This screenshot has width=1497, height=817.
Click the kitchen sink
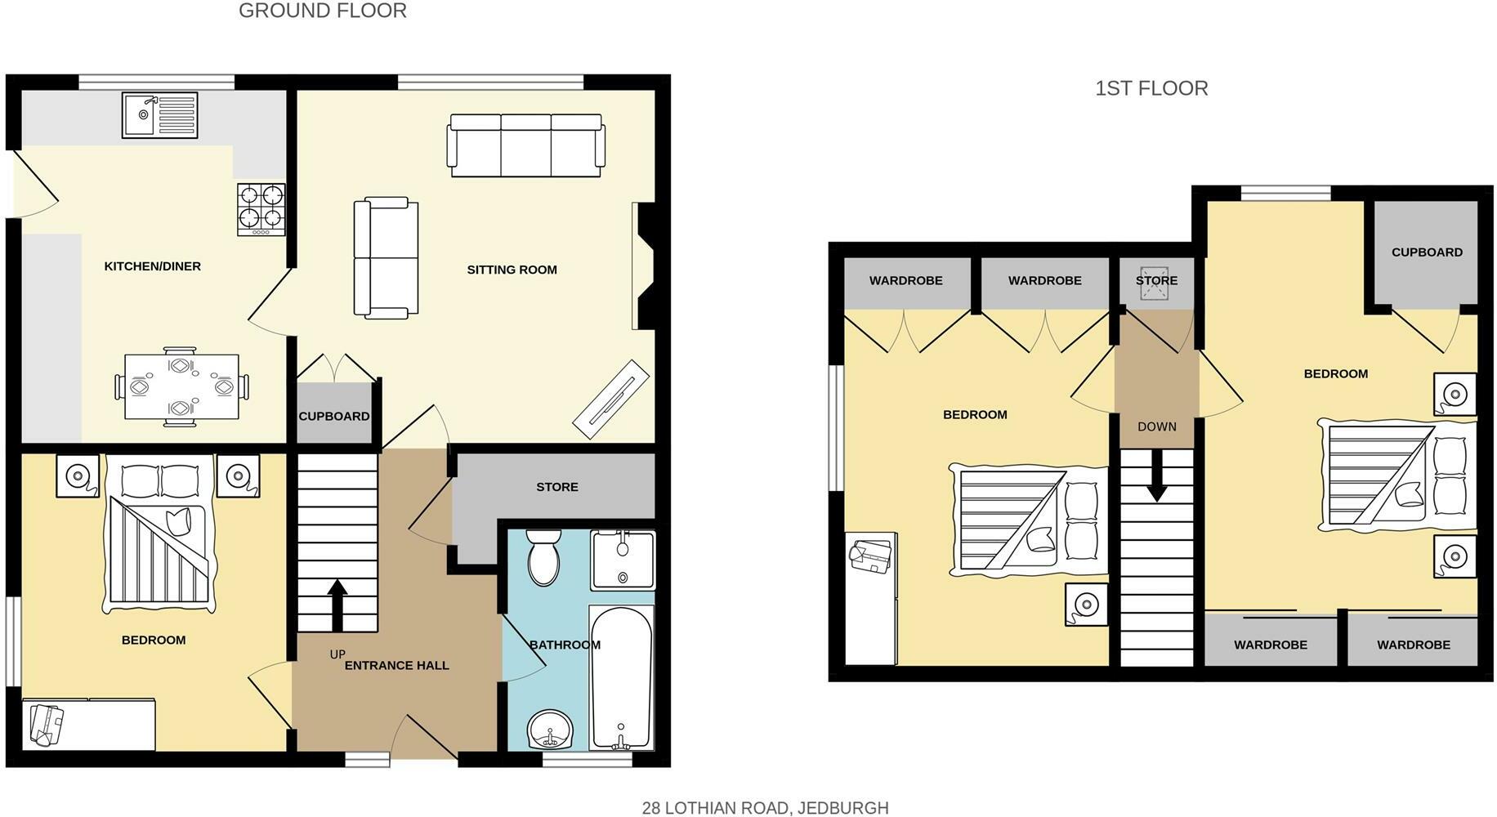159,115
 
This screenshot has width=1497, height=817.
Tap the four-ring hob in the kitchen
261,209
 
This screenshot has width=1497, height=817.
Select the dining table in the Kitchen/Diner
181,386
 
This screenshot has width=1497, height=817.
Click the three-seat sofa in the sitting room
526,145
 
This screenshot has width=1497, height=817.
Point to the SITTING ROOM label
512,270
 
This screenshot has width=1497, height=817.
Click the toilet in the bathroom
543,558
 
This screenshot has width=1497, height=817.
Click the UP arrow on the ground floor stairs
337,605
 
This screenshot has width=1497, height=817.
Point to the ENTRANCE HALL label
396,665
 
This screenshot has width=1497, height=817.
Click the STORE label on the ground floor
557,487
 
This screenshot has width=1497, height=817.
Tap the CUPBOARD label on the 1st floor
1427,252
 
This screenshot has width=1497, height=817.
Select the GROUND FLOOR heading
323,11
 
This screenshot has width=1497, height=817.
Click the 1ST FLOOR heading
1151,88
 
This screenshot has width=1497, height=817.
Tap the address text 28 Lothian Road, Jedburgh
765,808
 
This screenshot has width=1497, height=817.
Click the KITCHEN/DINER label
153,266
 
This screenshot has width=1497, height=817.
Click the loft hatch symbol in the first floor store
1156,280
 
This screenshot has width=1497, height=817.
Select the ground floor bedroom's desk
88,723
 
